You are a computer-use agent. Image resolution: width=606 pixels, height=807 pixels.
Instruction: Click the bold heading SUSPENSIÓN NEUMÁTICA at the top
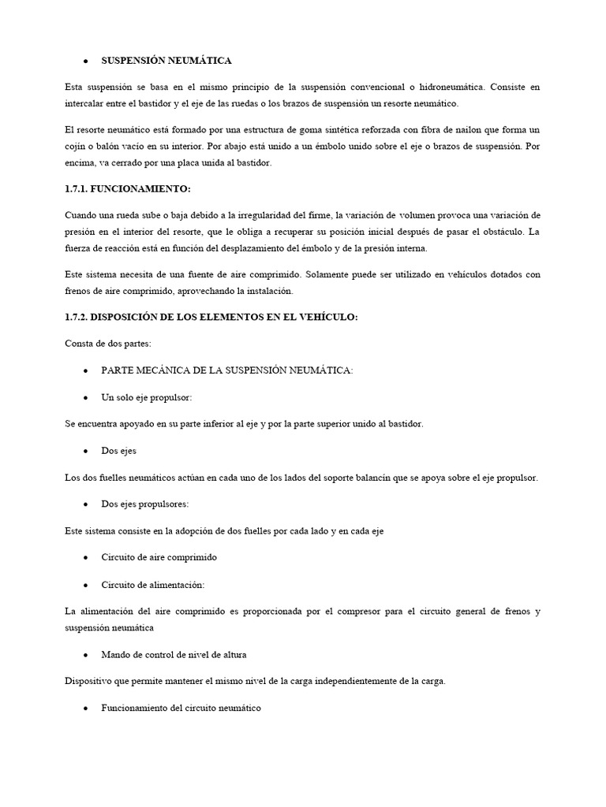click(x=166, y=60)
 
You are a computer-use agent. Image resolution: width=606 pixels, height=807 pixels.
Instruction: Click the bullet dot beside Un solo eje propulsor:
click(x=84, y=397)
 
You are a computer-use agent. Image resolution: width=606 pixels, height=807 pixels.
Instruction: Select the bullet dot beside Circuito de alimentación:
click(x=84, y=585)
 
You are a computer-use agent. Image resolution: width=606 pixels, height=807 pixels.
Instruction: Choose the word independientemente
click(x=360, y=682)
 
